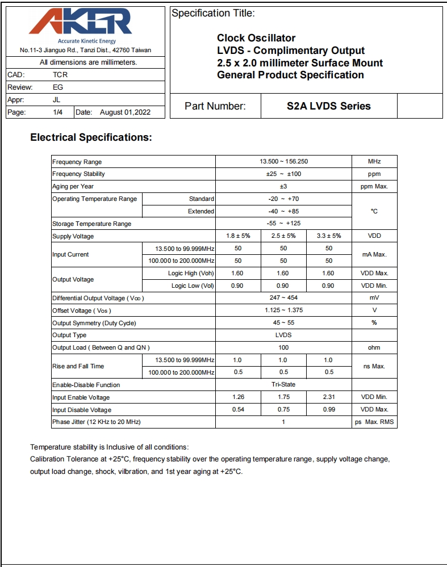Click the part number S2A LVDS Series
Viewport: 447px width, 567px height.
pyautogui.click(x=328, y=106)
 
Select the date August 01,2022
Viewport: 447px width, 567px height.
pyautogui.click(x=125, y=112)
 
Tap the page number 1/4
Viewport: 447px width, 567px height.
pyautogui.click(x=58, y=112)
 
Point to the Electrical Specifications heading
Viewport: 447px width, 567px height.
pyautogui.click(x=91, y=137)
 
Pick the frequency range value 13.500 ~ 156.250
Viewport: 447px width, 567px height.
pyautogui.click(x=283, y=162)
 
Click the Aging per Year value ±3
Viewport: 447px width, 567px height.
pyautogui.click(x=283, y=186)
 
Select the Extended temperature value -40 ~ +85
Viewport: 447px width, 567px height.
pyautogui.click(x=283, y=211)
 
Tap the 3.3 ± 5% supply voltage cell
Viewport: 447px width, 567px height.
pyautogui.click(x=328, y=236)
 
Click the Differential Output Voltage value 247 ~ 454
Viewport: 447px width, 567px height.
pyautogui.click(x=283, y=297)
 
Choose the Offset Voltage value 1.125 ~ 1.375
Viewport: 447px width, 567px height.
pyautogui.click(x=283, y=310)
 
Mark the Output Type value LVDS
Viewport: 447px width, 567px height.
pyautogui.click(x=283, y=335)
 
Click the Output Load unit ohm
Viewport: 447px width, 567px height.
pyautogui.click(x=374, y=347)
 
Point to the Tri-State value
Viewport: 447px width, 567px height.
pyautogui.click(x=283, y=384)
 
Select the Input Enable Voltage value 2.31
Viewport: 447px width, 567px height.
pyautogui.click(x=328, y=397)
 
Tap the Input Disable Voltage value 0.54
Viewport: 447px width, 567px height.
pyautogui.click(x=238, y=410)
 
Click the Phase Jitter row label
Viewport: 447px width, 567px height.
pyautogui.click(x=96, y=422)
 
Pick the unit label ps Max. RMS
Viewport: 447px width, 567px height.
pyautogui.click(x=374, y=422)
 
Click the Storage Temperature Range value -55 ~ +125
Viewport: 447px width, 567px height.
pyautogui.click(x=283, y=224)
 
